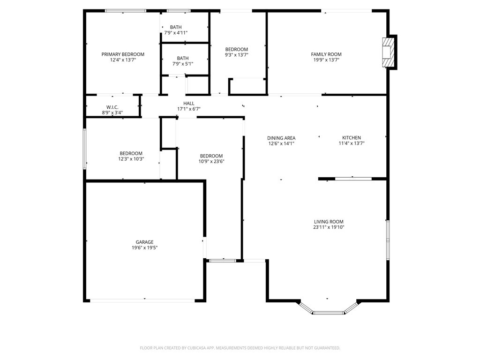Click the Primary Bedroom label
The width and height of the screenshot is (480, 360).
click(x=123, y=54)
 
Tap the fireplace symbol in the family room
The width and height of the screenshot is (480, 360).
click(x=388, y=52)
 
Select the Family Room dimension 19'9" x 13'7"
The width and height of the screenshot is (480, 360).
click(x=327, y=60)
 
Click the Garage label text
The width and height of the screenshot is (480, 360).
click(x=144, y=242)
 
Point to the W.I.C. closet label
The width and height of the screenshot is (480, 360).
click(x=112, y=107)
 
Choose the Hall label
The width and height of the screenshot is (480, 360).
click(x=189, y=104)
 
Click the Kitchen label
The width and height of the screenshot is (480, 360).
click(x=351, y=138)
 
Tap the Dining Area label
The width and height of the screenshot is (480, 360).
click(x=281, y=138)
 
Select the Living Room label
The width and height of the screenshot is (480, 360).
click(x=329, y=222)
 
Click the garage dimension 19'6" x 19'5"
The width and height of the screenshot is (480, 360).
click(x=144, y=247)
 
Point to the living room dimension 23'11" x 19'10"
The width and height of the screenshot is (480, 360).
click(x=329, y=227)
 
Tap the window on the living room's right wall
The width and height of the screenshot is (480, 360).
click(x=388, y=239)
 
